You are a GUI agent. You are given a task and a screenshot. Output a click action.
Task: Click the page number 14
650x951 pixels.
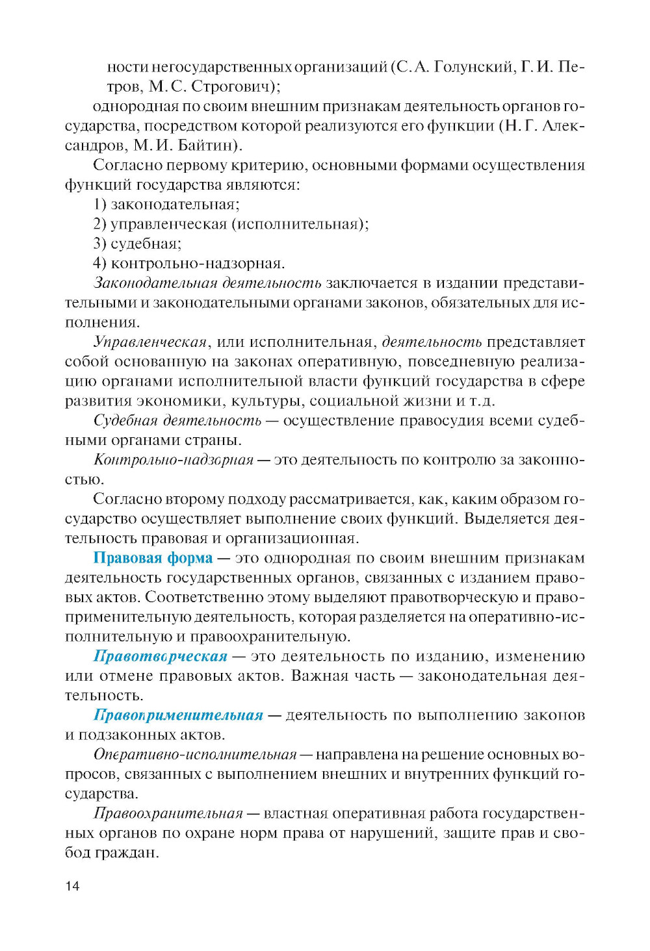pos(72,886)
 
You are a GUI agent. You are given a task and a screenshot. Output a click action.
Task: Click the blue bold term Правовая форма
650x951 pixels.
pos(153,558)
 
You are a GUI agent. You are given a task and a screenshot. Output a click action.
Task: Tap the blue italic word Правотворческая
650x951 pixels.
pos(161,656)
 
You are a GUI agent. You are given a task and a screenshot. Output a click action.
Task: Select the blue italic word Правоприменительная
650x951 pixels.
pos(178,715)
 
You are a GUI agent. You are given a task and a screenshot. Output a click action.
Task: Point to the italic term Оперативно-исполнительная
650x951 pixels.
pos(195,755)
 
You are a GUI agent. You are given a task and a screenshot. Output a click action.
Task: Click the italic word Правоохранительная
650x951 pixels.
pos(168,813)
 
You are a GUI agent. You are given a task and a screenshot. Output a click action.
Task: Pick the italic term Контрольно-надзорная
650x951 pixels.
pos(174,460)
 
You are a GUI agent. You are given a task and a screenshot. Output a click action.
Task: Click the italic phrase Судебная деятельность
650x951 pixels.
pos(177,420)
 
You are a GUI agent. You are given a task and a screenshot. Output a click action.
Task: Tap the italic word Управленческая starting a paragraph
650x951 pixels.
pos(150,342)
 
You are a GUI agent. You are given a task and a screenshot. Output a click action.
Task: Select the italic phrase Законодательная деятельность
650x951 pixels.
pos(207,283)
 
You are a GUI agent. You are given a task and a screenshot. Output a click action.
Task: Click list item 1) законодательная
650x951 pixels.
pos(166,204)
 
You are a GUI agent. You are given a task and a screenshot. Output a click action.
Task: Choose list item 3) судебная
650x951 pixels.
pos(137,244)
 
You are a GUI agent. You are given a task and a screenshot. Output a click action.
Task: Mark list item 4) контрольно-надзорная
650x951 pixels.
pos(189,263)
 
